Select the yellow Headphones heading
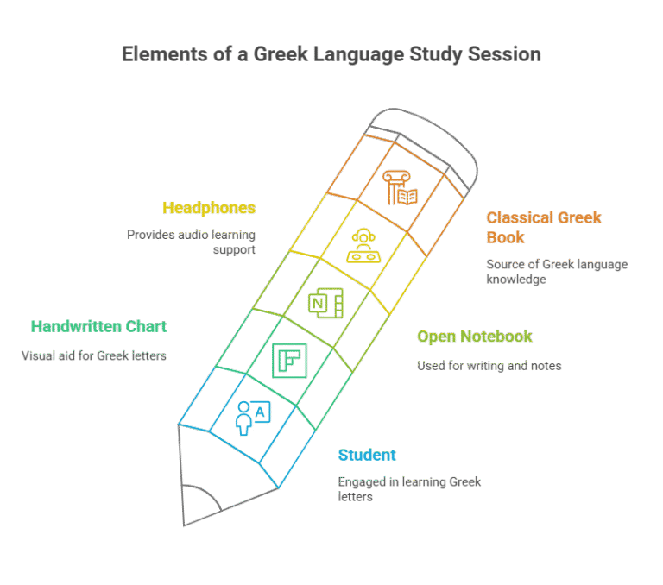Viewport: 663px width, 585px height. point(209,208)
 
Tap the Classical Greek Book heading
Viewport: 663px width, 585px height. point(544,226)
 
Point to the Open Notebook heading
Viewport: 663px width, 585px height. point(474,337)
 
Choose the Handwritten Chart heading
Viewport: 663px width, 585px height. point(98,326)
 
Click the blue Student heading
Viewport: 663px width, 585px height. point(367,455)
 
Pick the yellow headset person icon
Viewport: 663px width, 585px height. point(363,245)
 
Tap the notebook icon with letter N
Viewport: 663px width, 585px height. point(326,303)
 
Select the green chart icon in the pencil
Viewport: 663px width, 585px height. point(289,360)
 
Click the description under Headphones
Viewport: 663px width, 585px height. point(191,241)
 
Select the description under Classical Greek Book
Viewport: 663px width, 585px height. point(556,272)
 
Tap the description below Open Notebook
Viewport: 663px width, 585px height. point(489,366)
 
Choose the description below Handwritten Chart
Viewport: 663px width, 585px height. point(93,355)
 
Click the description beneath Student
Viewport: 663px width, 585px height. point(409,489)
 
